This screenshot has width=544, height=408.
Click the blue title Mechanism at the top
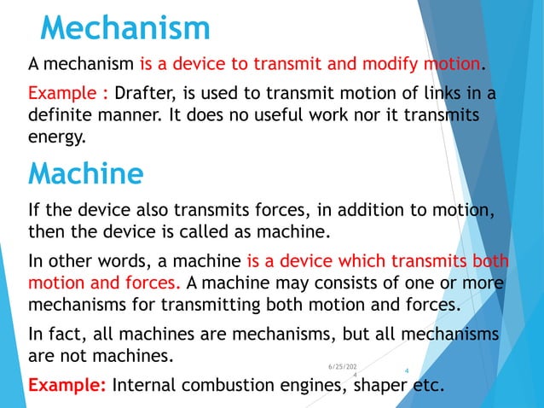tap(125, 28)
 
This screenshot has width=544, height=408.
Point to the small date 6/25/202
tap(343, 365)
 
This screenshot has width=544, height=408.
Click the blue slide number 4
tap(407, 370)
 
